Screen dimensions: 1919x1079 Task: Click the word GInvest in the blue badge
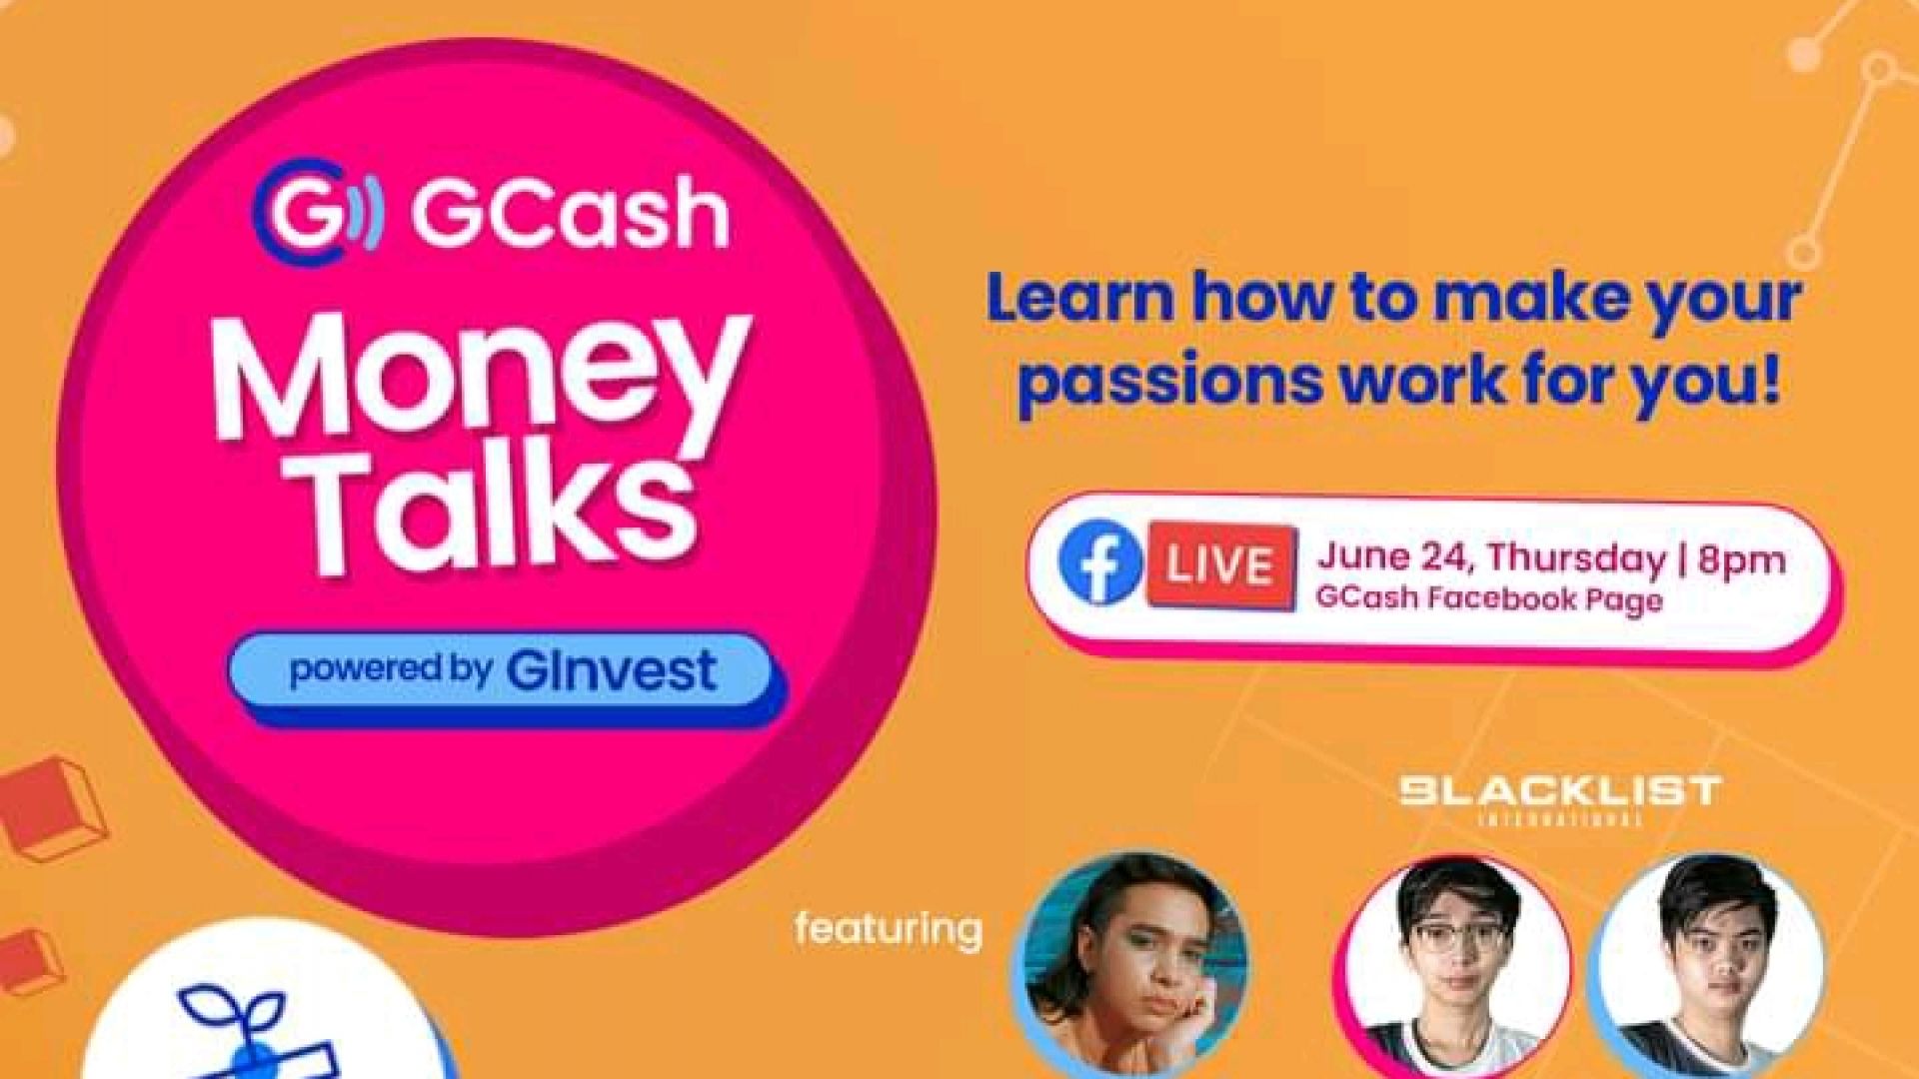coord(612,670)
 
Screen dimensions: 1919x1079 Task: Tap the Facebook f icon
coord(1100,564)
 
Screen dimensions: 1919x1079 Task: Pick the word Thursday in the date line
coord(1576,560)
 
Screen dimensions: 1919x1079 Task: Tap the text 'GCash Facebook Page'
coord(1489,599)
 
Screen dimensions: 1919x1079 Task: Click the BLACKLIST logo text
coord(1559,793)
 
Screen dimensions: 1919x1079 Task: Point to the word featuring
coord(889,929)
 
